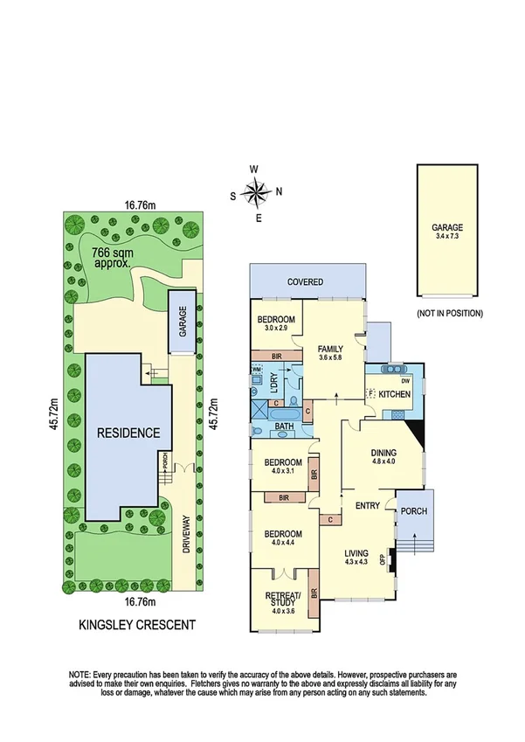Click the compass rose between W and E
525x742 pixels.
pos(255,192)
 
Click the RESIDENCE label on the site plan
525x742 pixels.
pos(128,432)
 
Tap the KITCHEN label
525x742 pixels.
pos(395,395)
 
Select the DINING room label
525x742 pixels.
pos(383,452)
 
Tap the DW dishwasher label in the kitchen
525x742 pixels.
pos(404,380)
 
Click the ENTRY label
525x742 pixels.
pos(367,505)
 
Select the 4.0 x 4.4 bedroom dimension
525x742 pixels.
pos(280,544)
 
